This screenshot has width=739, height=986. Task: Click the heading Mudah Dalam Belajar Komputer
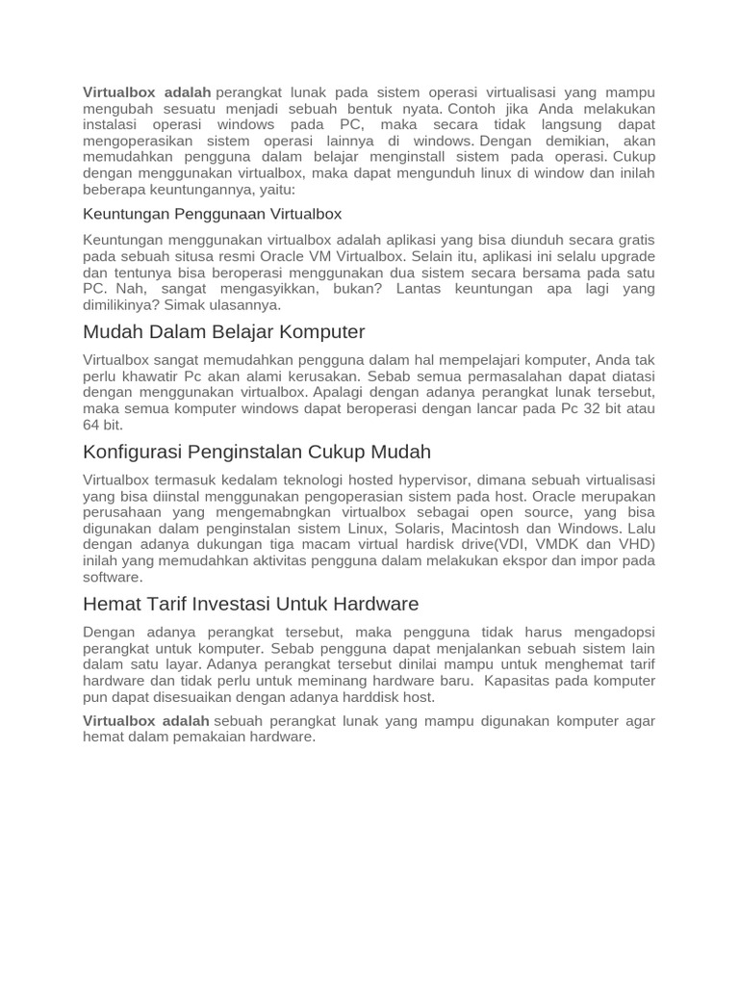coord(224,332)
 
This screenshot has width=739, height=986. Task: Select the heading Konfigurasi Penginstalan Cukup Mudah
coord(257,452)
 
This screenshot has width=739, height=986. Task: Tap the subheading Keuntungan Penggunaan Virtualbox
coord(212,214)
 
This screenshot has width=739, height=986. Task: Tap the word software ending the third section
coord(113,577)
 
